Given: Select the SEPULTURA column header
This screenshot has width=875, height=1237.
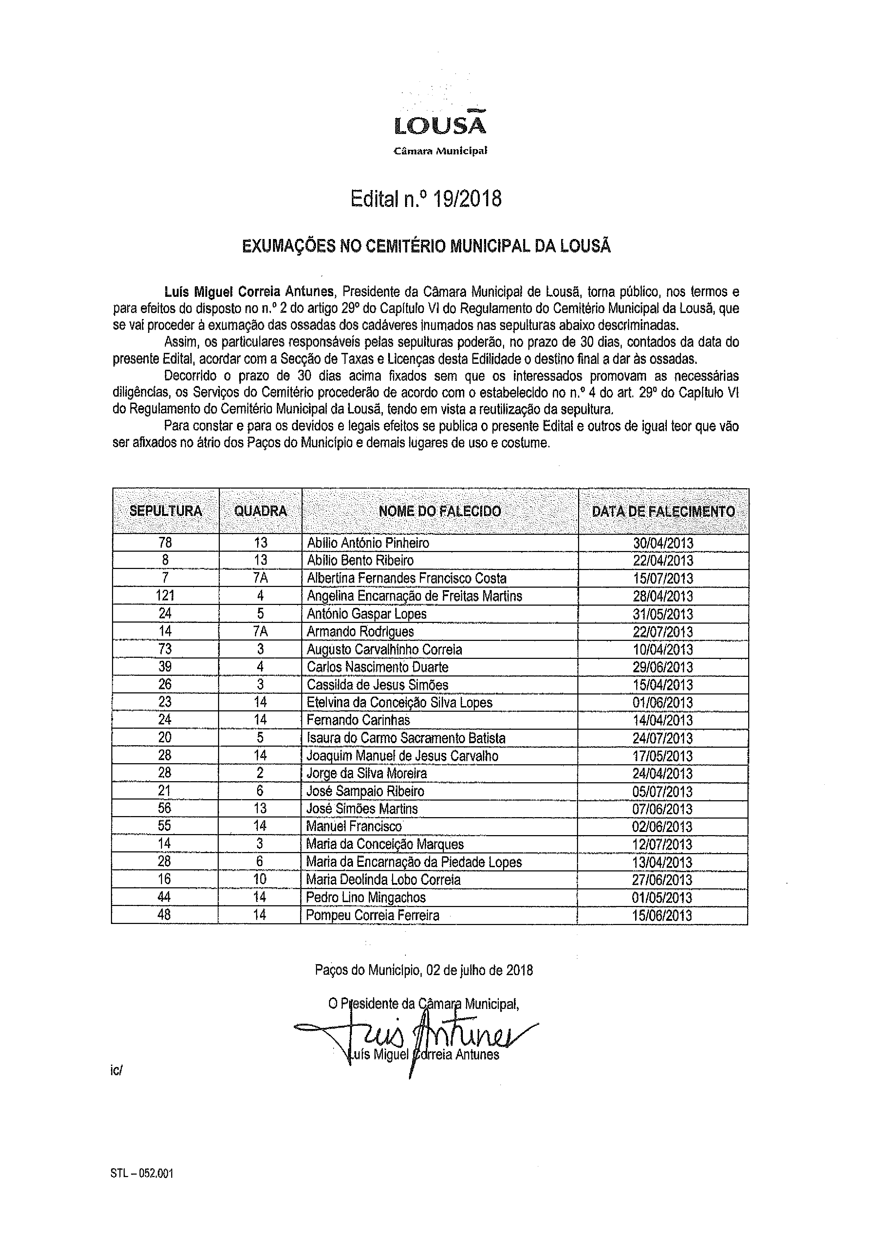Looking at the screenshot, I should tap(166, 511).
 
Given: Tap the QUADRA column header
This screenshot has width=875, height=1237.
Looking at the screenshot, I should tap(261, 511).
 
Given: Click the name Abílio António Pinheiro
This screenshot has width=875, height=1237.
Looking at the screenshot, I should tap(368, 543).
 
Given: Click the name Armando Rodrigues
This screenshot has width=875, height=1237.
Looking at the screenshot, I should tap(360, 631).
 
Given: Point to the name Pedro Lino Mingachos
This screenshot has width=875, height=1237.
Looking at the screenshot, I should tap(366, 898).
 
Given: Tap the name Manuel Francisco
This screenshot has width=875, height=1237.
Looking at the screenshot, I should tap(354, 827).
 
